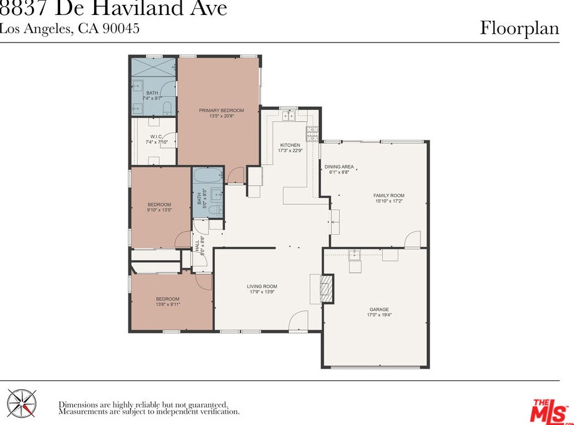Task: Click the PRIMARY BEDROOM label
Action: click(221, 110)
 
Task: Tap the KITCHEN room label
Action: click(290, 145)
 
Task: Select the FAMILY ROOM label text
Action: click(389, 196)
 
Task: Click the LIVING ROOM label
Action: click(262, 286)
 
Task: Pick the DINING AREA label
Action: click(339, 167)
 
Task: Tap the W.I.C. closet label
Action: click(156, 137)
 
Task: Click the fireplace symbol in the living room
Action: click(325, 288)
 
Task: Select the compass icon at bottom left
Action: click(21, 403)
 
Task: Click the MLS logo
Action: click(550, 411)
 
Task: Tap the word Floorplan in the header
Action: click(519, 28)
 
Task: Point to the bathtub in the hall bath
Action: click(208, 176)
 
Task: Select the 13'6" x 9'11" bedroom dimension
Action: click(168, 305)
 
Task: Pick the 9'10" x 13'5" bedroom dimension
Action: click(159, 210)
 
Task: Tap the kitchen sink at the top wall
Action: click(290, 115)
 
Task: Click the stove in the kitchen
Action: click(312, 133)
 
